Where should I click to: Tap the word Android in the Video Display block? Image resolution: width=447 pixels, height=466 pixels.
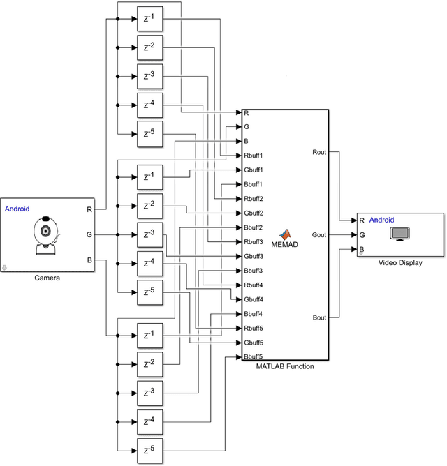point(381,220)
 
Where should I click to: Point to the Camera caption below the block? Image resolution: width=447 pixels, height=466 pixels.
point(47,278)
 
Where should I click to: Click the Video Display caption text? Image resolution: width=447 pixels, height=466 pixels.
point(400,263)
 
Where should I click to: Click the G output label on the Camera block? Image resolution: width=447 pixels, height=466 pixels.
point(89,235)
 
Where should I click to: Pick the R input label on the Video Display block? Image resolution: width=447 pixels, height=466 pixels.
point(362,220)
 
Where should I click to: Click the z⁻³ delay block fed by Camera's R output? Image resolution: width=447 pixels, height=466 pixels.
point(149,76)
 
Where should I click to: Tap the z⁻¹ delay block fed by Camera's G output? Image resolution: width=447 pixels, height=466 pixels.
point(149,176)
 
